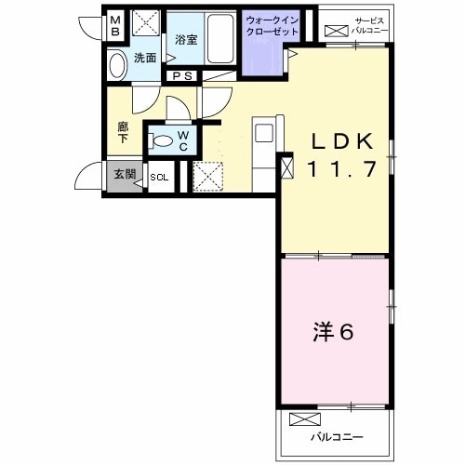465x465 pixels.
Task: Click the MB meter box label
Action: tap(115, 26)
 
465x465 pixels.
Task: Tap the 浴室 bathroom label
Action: tap(186, 40)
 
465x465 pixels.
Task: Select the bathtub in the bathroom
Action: tap(220, 39)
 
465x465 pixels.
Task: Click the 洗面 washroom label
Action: tap(145, 58)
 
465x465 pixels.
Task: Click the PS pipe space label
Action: tap(182, 76)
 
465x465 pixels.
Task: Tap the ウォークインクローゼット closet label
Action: tap(272, 26)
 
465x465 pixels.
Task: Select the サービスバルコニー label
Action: tap(369, 26)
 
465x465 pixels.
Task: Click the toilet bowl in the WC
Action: tap(162, 140)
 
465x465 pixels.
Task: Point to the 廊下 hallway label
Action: tap(123, 133)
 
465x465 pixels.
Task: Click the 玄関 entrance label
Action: tap(125, 174)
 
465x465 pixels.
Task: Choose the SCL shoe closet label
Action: tap(159, 178)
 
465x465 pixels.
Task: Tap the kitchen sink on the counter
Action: tap(264, 133)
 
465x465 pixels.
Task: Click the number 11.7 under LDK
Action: tap(342, 168)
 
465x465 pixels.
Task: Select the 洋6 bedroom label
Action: tap(333, 332)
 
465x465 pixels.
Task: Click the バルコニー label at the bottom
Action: tap(337, 437)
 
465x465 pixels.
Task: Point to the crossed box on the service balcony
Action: tap(337, 31)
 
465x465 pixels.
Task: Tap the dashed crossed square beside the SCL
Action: tap(207, 176)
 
